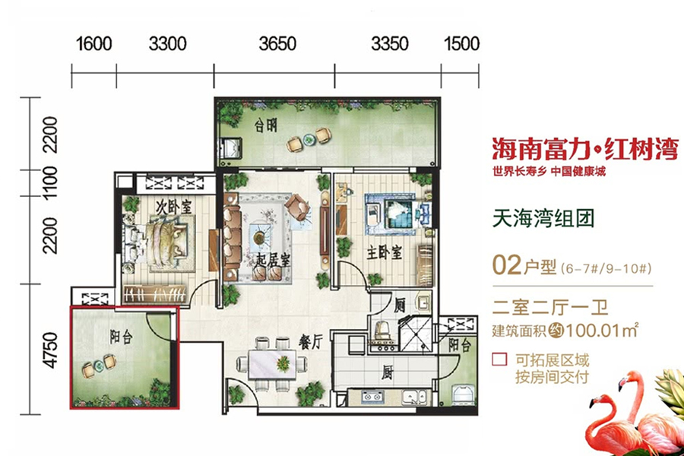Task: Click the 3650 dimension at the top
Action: tap(277, 43)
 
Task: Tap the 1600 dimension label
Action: tap(94, 43)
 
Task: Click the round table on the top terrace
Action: tap(309, 139)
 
